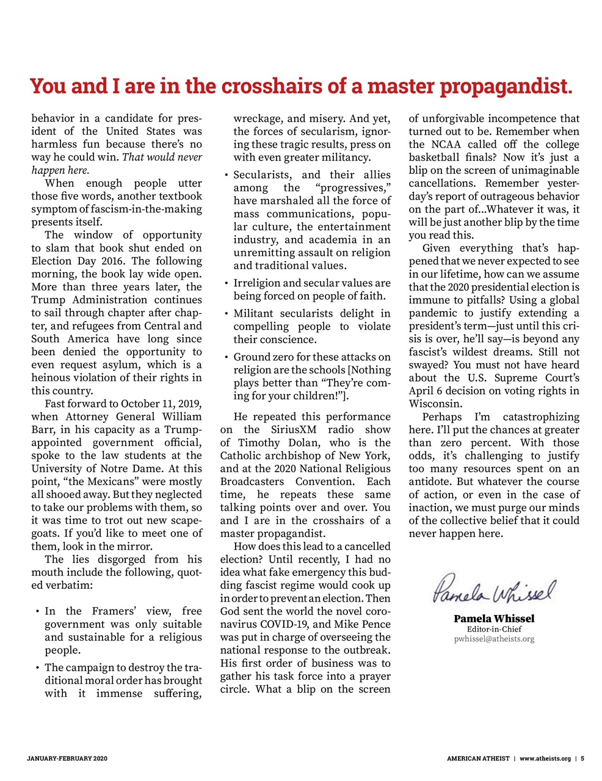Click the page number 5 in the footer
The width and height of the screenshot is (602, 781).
click(x=582, y=758)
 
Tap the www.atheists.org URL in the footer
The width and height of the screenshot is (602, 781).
click(x=545, y=758)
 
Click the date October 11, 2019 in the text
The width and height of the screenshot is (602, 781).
click(x=161, y=404)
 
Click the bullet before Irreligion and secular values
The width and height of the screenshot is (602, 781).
click(x=227, y=284)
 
